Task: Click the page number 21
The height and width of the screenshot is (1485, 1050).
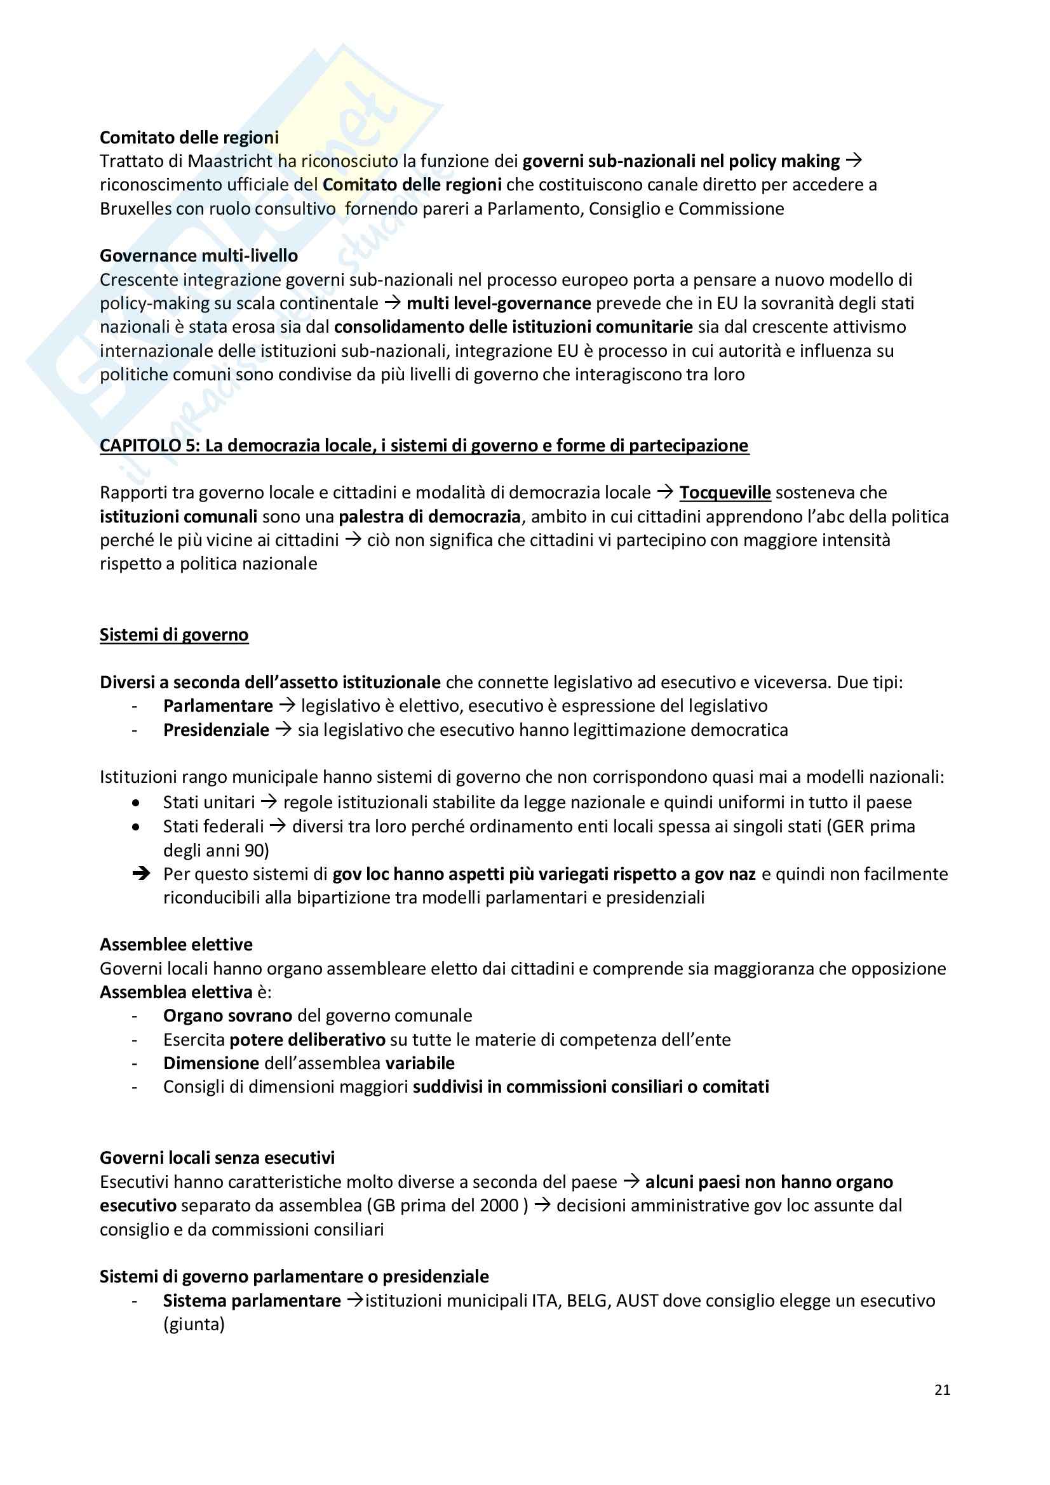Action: (x=942, y=1390)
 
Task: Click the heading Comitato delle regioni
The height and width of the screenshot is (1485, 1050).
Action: (x=189, y=137)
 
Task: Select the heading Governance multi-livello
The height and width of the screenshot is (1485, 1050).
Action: (x=199, y=255)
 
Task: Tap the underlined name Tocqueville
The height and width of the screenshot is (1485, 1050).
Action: (x=725, y=492)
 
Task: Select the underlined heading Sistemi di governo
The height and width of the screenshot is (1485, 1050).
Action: (x=174, y=634)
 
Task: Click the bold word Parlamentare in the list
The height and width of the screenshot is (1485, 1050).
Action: (x=218, y=705)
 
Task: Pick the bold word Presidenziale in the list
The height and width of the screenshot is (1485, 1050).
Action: (x=216, y=729)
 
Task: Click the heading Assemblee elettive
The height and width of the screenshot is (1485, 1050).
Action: (x=176, y=944)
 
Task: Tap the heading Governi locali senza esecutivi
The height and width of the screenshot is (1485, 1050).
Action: (x=217, y=1158)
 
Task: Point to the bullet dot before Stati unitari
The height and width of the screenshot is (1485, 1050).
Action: (x=135, y=802)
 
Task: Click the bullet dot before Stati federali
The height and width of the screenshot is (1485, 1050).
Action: (x=135, y=827)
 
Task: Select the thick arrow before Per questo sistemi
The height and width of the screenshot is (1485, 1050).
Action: (x=140, y=874)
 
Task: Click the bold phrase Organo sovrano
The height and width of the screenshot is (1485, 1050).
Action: (x=228, y=1015)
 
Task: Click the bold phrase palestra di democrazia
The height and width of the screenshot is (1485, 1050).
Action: (x=429, y=516)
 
